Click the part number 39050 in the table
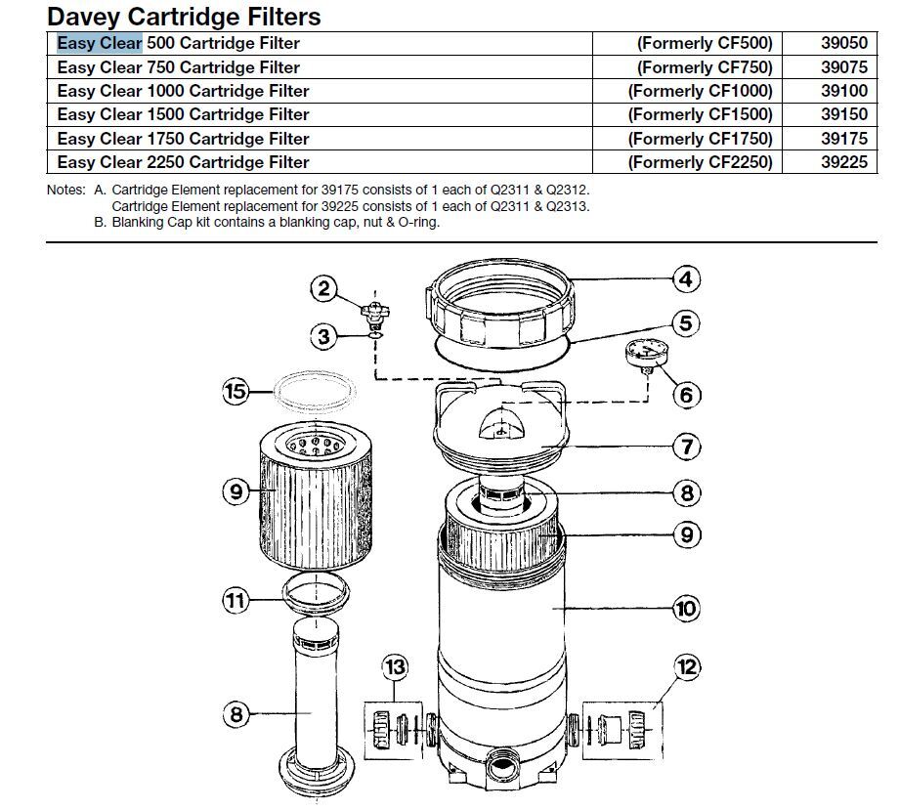843,43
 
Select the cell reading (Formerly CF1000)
700,91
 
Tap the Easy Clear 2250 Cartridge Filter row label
183,162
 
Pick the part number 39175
843,139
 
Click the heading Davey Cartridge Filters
184,16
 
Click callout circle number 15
235,393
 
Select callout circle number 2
324,288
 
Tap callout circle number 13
395,668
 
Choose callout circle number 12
688,668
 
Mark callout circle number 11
235,600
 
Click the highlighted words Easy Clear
100,43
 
